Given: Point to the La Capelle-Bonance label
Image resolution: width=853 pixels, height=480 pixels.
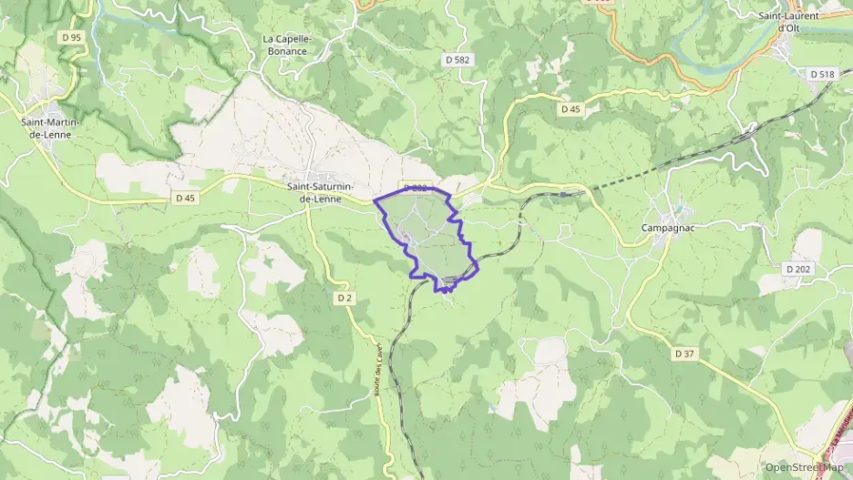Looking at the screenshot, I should point(288,45).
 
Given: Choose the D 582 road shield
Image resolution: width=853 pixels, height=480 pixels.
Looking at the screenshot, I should point(458,59).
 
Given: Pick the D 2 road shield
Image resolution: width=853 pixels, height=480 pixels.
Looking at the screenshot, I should point(344,298).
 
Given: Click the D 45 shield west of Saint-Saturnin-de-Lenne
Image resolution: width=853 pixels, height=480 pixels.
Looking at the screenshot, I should point(185,198).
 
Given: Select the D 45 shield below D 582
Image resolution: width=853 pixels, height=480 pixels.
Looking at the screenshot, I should point(570,109).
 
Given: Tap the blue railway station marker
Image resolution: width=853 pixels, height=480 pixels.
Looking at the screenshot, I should point(564,194).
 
